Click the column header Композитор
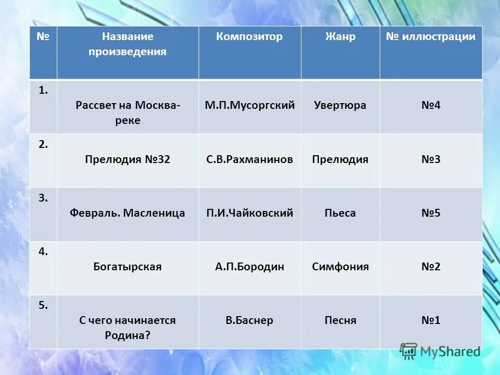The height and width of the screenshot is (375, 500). [249, 36]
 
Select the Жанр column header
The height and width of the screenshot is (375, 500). [340, 36]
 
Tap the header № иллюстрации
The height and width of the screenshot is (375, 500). [431, 36]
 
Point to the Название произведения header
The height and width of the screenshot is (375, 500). [128, 44]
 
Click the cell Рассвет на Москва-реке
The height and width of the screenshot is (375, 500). [128, 113]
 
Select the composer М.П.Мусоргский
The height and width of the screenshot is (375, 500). [249, 105]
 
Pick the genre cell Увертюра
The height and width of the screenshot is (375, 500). [340, 105]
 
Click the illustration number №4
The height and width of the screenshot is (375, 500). [431, 105]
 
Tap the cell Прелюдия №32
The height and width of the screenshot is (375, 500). [128, 159]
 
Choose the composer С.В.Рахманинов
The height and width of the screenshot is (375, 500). [249, 159]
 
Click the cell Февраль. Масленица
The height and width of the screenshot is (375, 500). [128, 213]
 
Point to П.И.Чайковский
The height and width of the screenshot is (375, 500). [249, 213]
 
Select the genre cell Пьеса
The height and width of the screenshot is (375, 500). [340, 213]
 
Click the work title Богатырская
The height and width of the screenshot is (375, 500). [128, 267]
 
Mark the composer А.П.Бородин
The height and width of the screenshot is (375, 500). [249, 267]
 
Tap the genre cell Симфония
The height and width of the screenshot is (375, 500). [340, 267]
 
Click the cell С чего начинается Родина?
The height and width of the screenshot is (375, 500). [128, 328]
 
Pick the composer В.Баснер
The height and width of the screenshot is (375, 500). [249, 320]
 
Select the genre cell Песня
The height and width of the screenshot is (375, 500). [340, 320]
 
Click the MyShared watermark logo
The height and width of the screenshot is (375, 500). [440, 352]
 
